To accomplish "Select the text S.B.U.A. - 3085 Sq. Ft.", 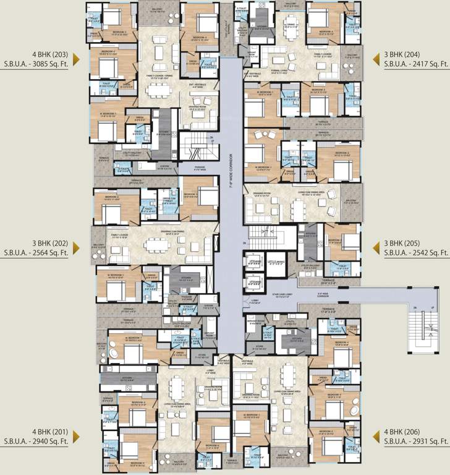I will pyautogui.click(x=43, y=64).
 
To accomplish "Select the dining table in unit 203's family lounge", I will pyautogui.click(x=159, y=90).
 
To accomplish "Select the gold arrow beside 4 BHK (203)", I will pyautogui.click(x=77, y=59).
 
